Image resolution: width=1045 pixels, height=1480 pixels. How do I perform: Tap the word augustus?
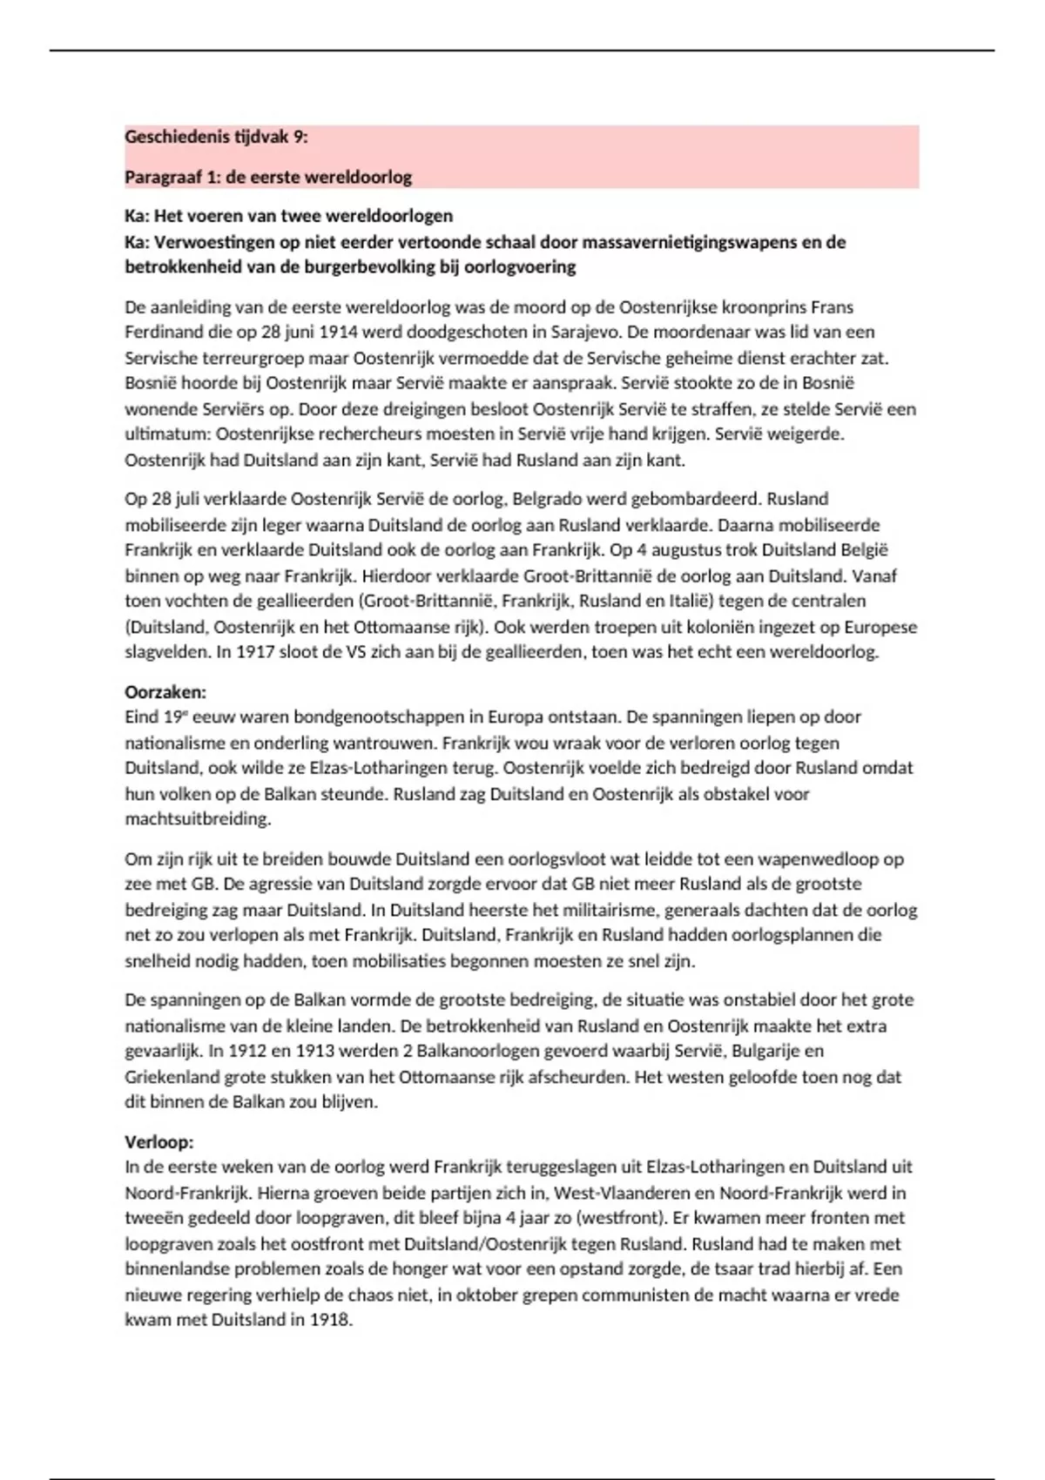click(x=678, y=550)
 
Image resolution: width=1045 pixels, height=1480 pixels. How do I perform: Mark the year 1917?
click(x=255, y=652)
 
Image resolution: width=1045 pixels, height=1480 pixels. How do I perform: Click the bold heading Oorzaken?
click(x=165, y=692)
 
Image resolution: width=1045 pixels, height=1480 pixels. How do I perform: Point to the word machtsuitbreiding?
click(x=198, y=819)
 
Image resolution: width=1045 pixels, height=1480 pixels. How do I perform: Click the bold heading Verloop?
click(x=158, y=1142)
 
